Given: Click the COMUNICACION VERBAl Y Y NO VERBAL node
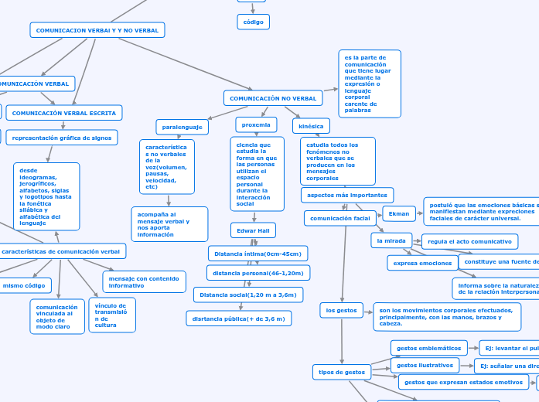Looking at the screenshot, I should pos(97,30).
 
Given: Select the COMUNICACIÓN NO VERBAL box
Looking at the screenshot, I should pos(273,98).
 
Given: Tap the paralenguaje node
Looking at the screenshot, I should pos(183,126).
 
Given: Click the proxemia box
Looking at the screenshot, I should pos(256,124).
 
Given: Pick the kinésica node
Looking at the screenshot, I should pos(311,125).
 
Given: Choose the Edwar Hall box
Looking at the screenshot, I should pos(253,230).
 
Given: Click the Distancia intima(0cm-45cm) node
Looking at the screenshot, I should pos(258,254).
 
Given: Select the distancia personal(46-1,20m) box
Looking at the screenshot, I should pos(258,273).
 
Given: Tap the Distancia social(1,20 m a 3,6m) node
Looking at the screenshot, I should pos(248,295).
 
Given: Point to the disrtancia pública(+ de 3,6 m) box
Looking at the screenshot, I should pos(239,319).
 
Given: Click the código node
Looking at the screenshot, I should pos(253,22).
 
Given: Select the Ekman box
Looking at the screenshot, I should pos(399,213).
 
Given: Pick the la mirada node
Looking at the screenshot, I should pos(391,240).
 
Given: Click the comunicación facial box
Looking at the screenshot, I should pos(340,218).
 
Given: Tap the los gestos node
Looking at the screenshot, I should pos(341,310).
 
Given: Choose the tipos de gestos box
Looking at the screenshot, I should pos(342,372).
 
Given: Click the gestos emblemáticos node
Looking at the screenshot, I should pos(429,347).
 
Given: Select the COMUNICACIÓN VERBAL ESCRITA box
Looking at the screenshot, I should pos(64,113).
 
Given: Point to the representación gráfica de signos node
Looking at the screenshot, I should pos(62,138).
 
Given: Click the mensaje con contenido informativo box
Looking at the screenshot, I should pos(144,281).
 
